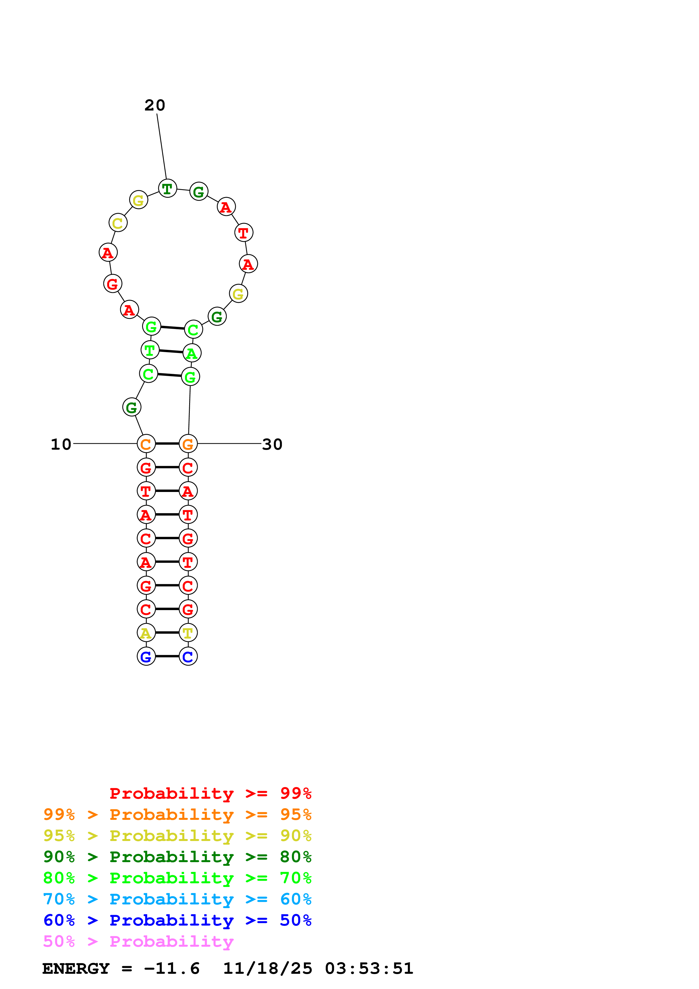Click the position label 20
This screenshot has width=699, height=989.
pos(155,105)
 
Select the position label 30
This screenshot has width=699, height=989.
pos(272,444)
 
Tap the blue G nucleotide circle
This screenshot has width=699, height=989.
pos(146,656)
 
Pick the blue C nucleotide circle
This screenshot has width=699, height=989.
pos(188,656)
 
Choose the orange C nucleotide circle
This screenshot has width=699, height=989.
pos(146,444)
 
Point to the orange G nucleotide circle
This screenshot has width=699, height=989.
pos(188,444)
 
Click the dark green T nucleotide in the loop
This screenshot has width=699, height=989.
pos(167,188)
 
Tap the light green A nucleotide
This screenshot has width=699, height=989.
pos(192,353)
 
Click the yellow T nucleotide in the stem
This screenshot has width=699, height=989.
pos(188,633)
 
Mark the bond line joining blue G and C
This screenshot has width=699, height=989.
pos(167,656)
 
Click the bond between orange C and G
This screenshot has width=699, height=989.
pos(167,444)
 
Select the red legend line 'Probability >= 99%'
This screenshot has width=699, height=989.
pos(210,793)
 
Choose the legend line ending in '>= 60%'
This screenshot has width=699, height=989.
pos(177,899)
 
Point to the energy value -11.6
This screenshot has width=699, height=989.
pos(172,969)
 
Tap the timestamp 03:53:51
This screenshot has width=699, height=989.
pos(369,969)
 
